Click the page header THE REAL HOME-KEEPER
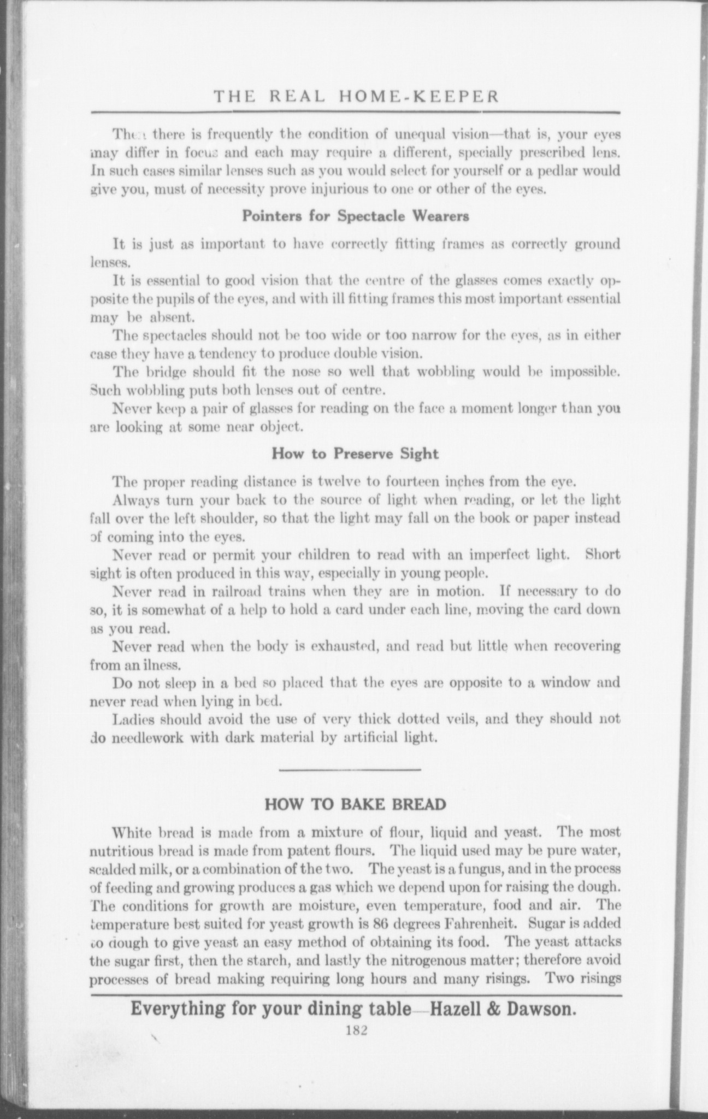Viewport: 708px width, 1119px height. (x=356, y=97)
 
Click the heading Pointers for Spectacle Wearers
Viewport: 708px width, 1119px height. (x=356, y=216)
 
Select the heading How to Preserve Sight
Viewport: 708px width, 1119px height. (x=355, y=454)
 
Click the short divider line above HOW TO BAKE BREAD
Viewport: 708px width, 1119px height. (x=350, y=770)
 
